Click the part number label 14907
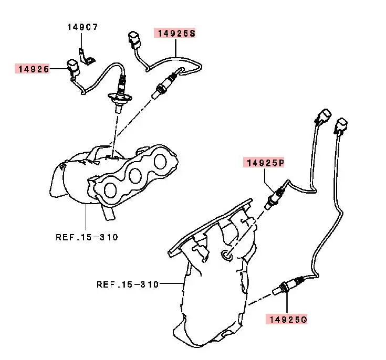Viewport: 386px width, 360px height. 82,26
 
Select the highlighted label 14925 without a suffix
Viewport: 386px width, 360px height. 33,69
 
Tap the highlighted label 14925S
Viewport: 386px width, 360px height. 174,33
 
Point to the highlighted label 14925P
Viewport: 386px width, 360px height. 263,163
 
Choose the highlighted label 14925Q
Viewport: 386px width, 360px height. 286,319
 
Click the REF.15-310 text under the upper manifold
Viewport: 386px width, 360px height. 87,237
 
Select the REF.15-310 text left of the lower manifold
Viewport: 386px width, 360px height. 127,284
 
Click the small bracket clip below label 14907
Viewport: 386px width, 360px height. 83,55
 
